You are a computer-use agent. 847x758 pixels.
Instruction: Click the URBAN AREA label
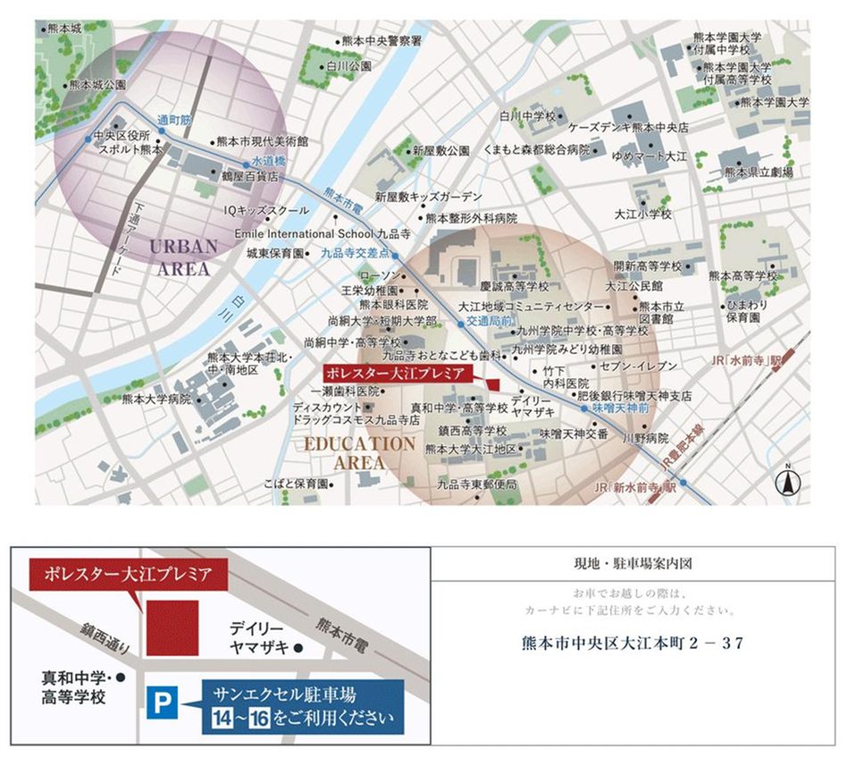[184, 256]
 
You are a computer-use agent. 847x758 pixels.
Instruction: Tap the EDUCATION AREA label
[359, 452]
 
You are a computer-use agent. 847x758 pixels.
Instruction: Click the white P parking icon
[160, 703]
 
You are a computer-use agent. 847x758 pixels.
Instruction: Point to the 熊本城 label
[63, 29]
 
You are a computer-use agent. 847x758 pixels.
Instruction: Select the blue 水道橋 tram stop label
[267, 161]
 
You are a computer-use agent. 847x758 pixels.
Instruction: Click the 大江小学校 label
[642, 215]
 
